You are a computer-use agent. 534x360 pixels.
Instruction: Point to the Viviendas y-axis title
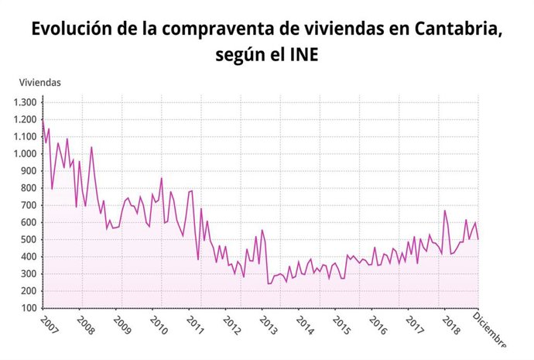coord(39,82)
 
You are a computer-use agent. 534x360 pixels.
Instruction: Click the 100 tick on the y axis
coord(29,308)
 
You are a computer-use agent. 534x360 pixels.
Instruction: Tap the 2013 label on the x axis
coord(269,325)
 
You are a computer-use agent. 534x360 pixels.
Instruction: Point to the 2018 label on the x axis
coord(451,325)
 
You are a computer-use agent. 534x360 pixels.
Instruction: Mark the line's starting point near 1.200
coord(43,121)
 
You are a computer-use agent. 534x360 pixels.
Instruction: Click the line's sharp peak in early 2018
coord(444,211)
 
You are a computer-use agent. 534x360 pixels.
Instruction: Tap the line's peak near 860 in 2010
coord(162,178)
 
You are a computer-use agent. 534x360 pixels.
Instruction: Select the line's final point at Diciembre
coord(478,239)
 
